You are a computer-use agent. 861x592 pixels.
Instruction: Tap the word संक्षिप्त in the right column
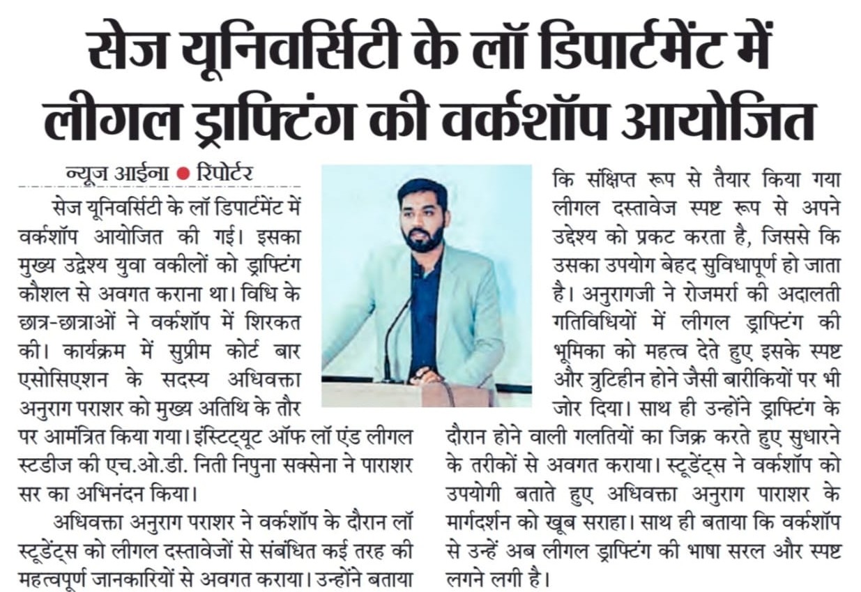click(608, 179)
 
